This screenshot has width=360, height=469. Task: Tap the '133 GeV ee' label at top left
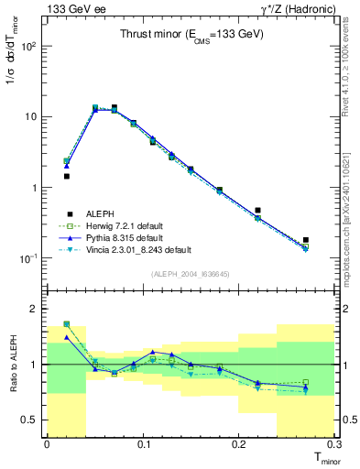coord(73,8)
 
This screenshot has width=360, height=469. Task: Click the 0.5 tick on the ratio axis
coord(33,420)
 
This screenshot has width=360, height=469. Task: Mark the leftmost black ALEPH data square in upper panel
coord(66,176)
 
